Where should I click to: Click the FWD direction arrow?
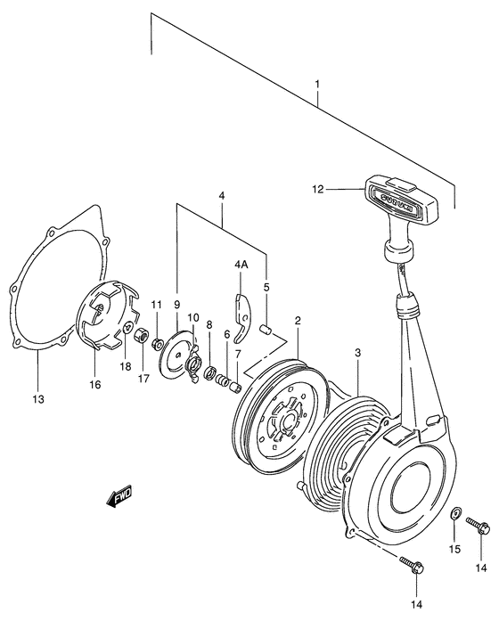119,495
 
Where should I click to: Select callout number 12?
317,189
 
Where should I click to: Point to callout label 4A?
241,265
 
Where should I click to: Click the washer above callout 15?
454,514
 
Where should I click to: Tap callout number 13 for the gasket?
38,399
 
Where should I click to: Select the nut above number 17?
140,336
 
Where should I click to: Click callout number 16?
95,384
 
